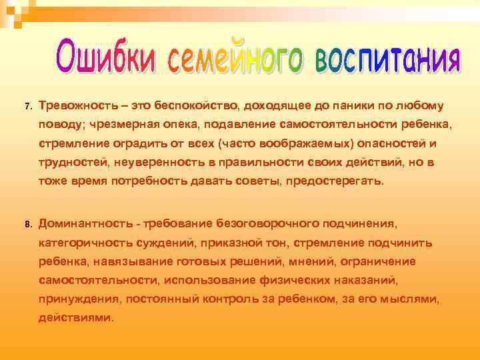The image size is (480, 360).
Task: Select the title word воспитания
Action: tap(386, 59)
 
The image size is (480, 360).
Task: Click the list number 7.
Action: tap(27, 107)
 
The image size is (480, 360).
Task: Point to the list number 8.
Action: tap(27, 225)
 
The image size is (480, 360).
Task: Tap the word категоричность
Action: tap(87, 242)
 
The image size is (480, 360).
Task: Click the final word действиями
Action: tap(76, 318)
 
